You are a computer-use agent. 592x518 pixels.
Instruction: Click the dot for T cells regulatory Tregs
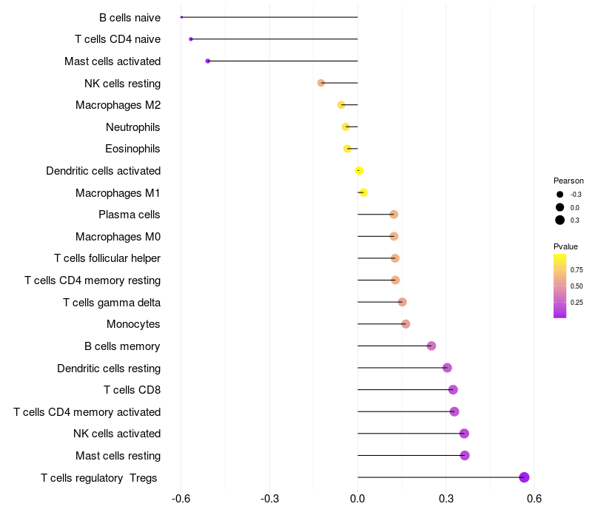(525, 477)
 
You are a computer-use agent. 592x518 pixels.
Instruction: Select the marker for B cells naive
(181, 17)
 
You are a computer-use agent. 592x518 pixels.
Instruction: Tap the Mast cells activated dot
(208, 61)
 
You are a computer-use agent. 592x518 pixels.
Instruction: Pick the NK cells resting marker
(321, 83)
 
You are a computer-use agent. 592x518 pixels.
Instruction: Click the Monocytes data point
(406, 324)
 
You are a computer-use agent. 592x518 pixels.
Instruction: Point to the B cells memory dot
(431, 346)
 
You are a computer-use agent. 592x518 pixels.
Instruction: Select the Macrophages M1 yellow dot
(363, 192)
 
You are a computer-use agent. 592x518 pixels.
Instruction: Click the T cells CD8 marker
(453, 390)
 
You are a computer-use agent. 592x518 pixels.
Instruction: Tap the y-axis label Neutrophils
(133, 127)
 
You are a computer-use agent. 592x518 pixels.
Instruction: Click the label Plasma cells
(129, 215)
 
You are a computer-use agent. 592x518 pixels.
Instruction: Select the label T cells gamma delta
(112, 302)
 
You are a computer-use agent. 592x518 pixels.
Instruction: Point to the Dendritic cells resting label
(109, 368)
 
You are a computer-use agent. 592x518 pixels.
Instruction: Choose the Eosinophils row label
(133, 149)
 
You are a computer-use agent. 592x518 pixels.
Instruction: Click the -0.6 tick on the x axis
(181, 498)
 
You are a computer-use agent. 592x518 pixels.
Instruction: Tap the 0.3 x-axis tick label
(446, 498)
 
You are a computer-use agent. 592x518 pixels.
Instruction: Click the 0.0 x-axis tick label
(357, 498)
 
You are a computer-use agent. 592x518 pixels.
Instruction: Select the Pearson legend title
(568, 181)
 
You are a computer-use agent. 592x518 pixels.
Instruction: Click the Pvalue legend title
(566, 246)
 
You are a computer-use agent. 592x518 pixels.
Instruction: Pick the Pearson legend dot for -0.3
(560, 195)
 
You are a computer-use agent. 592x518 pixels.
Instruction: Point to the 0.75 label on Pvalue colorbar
(576, 269)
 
